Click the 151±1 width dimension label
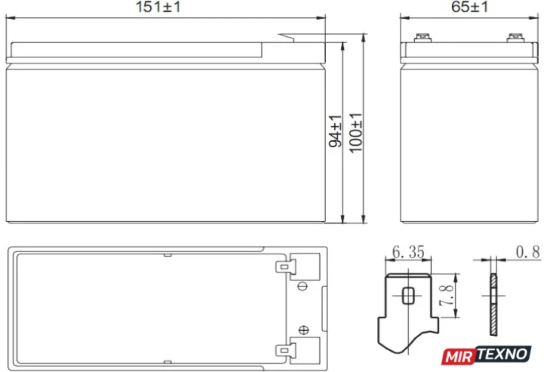click(158, 7)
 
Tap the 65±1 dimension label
click(469, 7)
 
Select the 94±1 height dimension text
click(336, 131)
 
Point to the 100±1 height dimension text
click(356, 133)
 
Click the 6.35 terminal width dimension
click(408, 252)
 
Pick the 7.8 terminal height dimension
click(447, 295)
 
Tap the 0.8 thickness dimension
click(528, 252)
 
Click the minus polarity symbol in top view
click(302, 286)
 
